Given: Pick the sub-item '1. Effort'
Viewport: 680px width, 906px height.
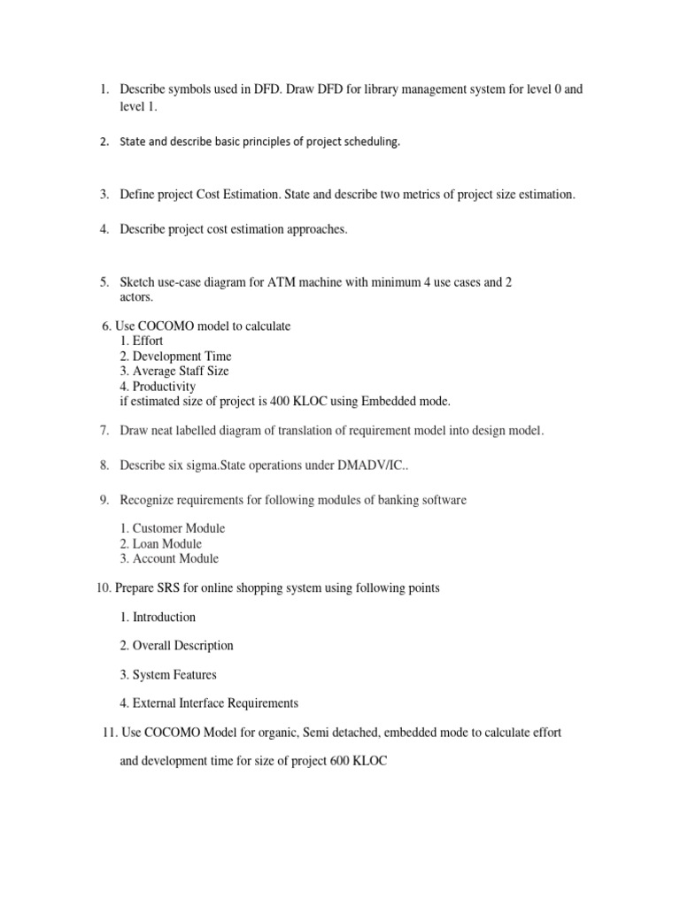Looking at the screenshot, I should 141,341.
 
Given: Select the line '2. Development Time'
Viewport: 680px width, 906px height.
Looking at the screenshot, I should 174,356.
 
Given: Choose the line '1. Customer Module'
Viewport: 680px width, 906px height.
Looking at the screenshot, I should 172,528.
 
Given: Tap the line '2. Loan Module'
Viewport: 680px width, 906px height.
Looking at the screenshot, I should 160,543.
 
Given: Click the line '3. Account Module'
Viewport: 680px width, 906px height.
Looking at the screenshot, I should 168,558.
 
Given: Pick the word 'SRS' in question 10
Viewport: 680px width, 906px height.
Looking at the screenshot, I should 160,588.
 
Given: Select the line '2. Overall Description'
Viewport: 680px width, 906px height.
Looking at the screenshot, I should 177,646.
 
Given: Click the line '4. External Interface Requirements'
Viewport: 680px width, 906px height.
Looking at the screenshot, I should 209,703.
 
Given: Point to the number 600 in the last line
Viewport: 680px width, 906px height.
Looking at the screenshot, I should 334,760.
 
